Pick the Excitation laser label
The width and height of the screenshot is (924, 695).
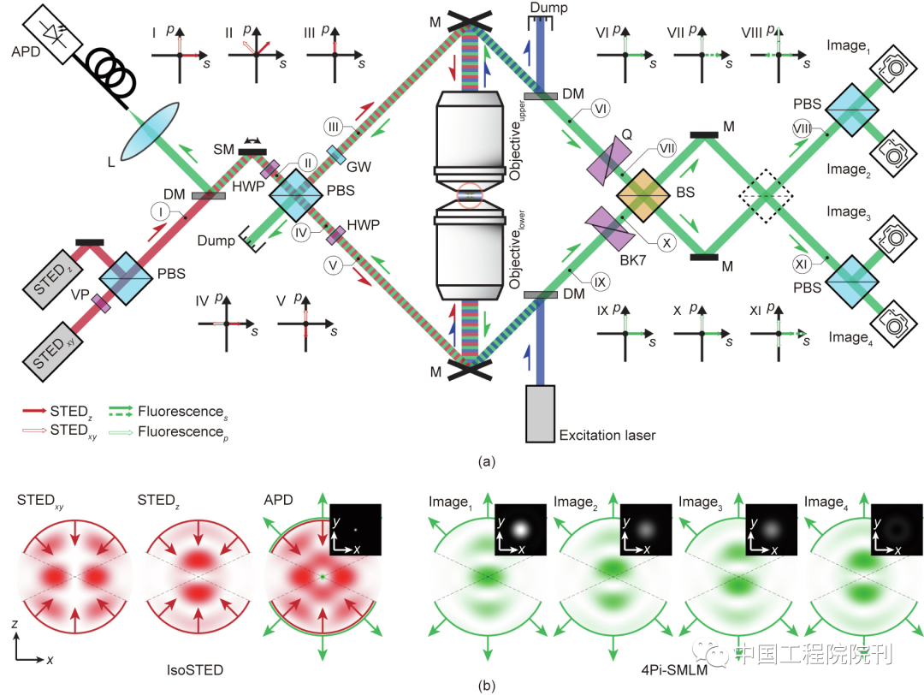click(607, 436)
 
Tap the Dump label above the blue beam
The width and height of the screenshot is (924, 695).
click(548, 8)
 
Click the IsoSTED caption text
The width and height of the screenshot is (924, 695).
click(196, 670)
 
